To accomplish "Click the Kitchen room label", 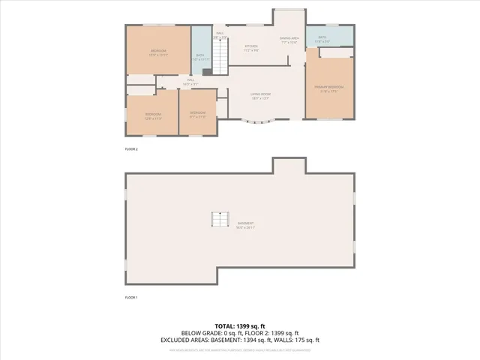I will point(251,47).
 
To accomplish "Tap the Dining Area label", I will point(289,40).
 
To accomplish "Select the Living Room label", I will point(260,95).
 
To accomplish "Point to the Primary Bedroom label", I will point(329,88).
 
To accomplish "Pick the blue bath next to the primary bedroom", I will point(322,39).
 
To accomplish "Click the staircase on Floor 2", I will point(220,56).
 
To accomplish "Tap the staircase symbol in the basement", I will point(219,220).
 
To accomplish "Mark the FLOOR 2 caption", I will point(131,149).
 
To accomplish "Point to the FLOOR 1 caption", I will point(131,298).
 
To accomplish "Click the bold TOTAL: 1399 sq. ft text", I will point(239,326).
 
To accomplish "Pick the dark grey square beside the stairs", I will point(207,71).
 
